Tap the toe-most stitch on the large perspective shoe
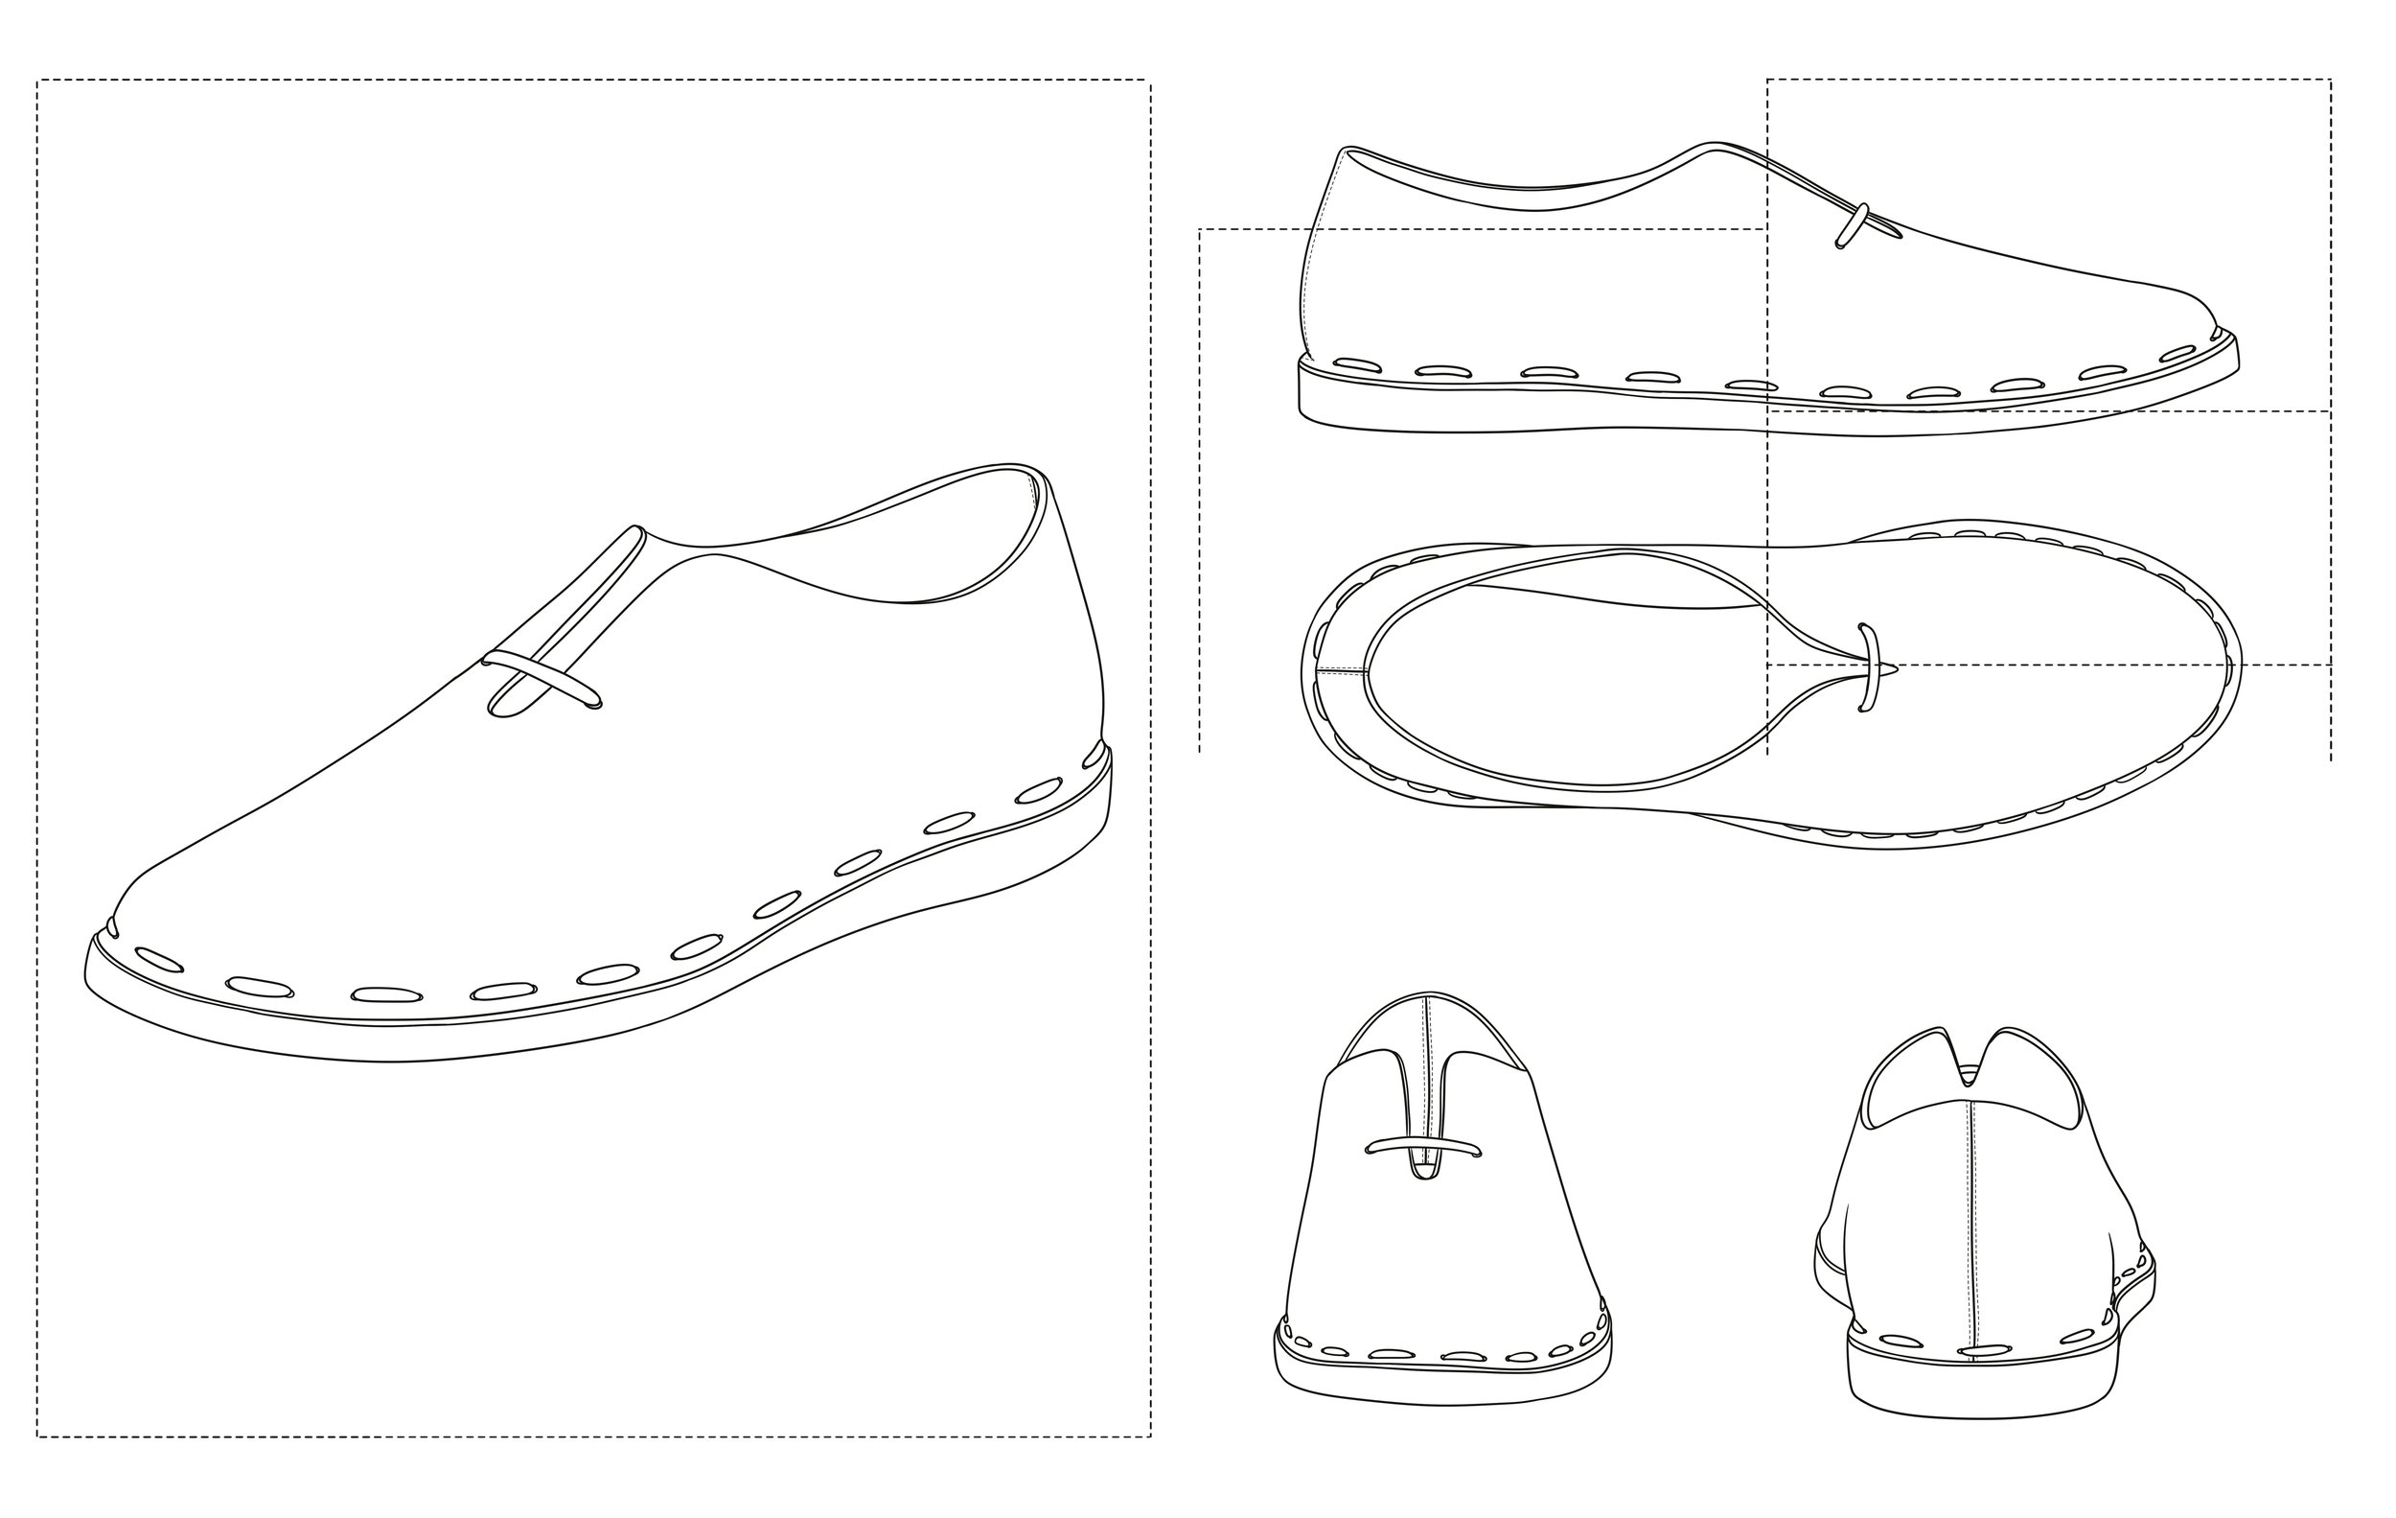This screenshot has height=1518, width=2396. [159, 959]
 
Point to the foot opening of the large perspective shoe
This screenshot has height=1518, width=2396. [876, 557]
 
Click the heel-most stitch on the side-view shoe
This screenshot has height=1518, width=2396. [1357, 364]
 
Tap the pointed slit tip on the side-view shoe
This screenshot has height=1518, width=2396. [1899, 236]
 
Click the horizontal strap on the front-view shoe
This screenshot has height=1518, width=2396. [1424, 1147]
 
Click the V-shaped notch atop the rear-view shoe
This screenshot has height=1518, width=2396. [1970, 1075]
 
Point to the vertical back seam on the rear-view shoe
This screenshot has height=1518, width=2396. [1974, 1225]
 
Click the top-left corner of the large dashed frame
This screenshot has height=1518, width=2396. [37, 81]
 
